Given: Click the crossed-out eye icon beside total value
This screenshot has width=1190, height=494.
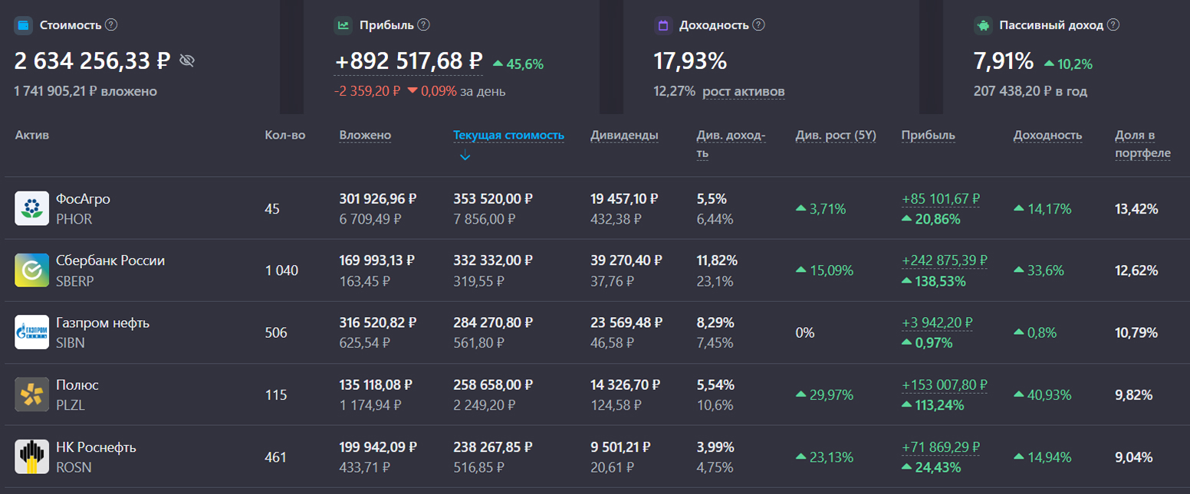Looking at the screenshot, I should [187, 61].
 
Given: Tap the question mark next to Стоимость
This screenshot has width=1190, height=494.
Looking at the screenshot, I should [111, 25].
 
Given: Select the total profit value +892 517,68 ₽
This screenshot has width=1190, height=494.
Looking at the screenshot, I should [409, 61].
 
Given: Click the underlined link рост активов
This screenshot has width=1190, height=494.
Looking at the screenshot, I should [743, 92].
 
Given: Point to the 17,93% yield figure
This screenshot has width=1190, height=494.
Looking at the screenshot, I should [690, 61].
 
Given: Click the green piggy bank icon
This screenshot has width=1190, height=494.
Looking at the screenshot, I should [983, 25].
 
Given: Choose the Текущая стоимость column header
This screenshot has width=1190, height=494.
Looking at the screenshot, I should [508, 136].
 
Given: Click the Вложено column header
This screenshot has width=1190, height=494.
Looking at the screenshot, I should [365, 136].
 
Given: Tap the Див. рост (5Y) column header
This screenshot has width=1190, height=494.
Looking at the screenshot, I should [836, 136].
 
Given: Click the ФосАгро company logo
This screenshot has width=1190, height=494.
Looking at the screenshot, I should [31, 208].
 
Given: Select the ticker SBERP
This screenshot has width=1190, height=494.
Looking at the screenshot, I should [75, 281].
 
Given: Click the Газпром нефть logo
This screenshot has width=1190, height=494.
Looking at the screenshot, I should [31, 332].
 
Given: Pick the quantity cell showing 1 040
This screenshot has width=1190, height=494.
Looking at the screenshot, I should [281, 270].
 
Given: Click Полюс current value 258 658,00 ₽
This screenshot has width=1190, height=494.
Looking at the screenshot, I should [492, 384].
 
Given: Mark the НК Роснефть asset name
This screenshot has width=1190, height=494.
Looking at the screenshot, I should [96, 447].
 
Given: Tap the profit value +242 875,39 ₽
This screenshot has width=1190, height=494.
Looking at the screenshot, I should [944, 260].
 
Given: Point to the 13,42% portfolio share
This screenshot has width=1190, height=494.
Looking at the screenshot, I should [1136, 208].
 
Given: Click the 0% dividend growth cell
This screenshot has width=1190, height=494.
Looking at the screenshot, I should [805, 333].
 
